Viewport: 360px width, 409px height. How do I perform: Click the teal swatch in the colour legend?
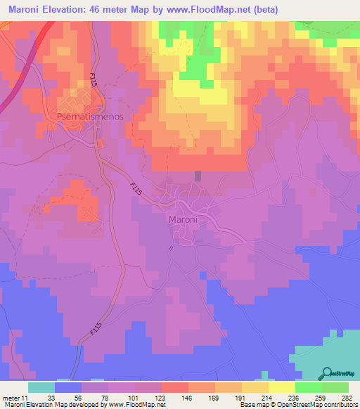point(41,387)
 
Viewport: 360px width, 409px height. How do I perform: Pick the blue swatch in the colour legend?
point(68,387)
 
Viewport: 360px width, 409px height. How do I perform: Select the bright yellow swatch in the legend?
point(282,387)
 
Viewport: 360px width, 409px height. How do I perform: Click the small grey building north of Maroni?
point(198,176)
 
